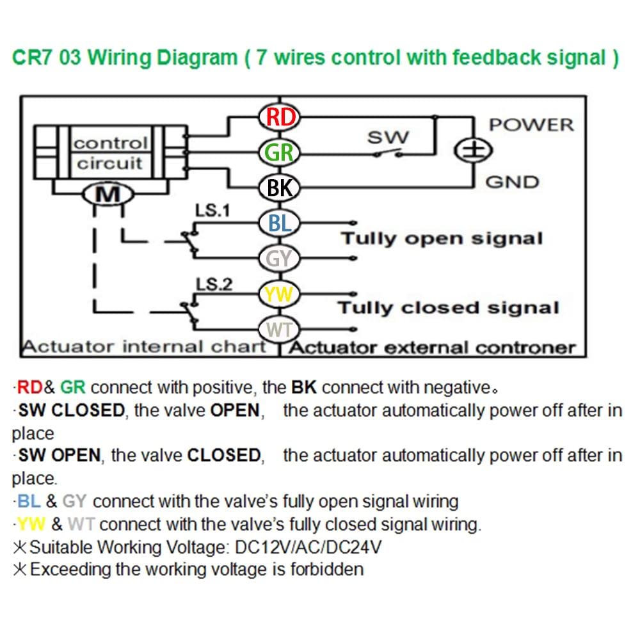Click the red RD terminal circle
(x=280, y=117)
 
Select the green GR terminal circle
(x=280, y=153)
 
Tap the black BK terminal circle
(x=280, y=188)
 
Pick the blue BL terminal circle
(x=280, y=223)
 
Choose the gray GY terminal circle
(x=280, y=259)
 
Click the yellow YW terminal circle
(x=280, y=294)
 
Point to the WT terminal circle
(x=280, y=329)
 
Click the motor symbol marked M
(x=108, y=195)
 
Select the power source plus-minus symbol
(x=474, y=150)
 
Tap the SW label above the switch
(x=388, y=138)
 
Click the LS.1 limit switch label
(x=212, y=211)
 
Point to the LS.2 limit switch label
(x=214, y=284)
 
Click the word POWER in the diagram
(x=531, y=125)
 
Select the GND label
(x=512, y=182)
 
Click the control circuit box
(x=111, y=152)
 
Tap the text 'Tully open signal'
(x=442, y=239)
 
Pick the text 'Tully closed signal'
(x=448, y=308)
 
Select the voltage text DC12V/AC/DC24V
(x=308, y=547)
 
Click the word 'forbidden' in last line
(x=327, y=569)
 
